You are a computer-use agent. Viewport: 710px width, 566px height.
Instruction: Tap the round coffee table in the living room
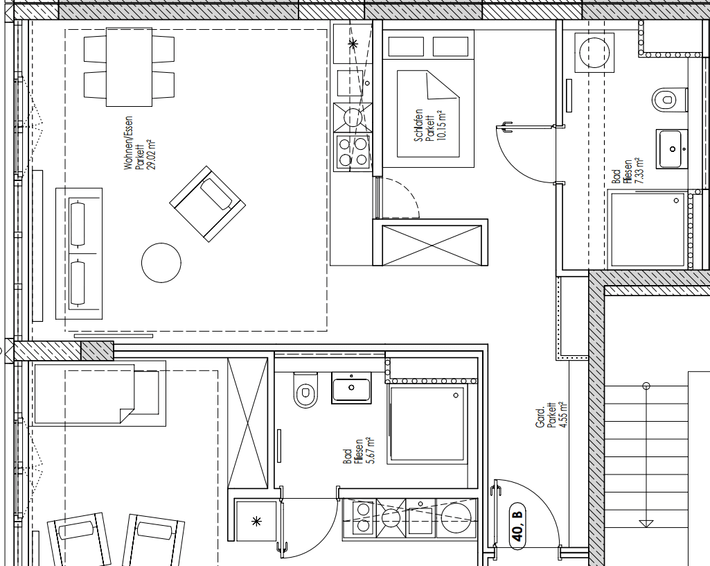click(x=161, y=262)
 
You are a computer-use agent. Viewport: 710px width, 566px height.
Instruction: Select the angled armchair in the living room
click(x=208, y=204)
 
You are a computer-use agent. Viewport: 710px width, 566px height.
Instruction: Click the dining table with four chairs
click(x=129, y=67)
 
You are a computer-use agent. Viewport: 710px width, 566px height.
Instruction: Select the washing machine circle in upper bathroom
click(x=594, y=53)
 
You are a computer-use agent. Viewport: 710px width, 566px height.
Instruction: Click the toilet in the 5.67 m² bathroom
click(x=304, y=391)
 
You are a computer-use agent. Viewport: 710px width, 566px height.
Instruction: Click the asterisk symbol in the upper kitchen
click(x=353, y=44)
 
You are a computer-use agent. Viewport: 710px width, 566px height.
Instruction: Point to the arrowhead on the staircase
click(x=646, y=523)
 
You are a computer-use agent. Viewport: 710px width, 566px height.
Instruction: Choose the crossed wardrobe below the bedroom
click(x=432, y=242)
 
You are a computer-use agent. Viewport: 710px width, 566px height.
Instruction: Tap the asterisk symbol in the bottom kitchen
click(x=256, y=520)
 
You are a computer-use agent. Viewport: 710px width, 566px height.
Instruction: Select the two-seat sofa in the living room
click(x=79, y=254)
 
